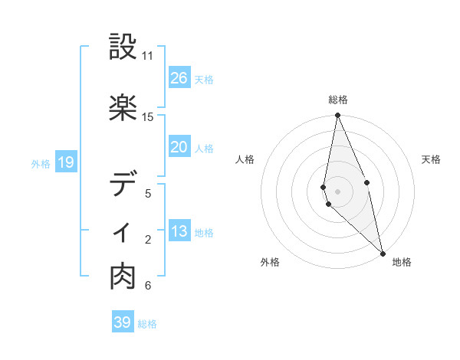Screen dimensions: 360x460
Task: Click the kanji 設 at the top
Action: tap(123, 47)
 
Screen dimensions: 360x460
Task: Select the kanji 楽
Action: tap(123, 109)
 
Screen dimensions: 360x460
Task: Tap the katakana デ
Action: tap(123, 185)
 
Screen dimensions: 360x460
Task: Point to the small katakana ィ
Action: tap(123, 232)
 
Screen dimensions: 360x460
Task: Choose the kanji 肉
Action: tap(123, 277)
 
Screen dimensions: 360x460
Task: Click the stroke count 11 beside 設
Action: tap(148, 56)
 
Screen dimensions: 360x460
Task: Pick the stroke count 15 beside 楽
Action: tap(148, 117)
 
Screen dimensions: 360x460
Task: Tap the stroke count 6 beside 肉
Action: tap(148, 286)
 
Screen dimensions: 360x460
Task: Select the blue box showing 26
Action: tap(179, 78)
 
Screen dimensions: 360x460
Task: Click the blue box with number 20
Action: tap(179, 147)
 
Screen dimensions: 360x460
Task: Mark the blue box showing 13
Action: tap(179, 231)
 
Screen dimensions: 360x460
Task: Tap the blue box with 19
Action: tap(65, 162)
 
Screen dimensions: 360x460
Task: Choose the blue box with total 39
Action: tap(123, 322)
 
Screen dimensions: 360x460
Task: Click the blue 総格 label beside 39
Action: tap(148, 324)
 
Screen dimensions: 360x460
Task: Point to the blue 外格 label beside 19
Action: tap(41, 163)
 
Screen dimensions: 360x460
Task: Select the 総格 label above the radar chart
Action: tap(337, 100)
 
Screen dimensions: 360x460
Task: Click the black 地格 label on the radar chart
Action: tap(402, 262)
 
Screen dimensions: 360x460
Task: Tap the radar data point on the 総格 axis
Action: tap(337, 116)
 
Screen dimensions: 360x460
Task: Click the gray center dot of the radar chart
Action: tap(337, 191)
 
